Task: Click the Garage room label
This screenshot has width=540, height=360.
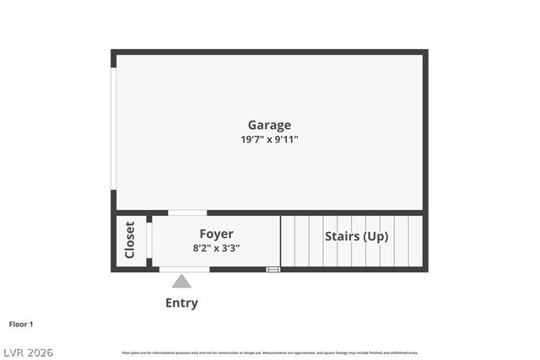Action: (269, 126)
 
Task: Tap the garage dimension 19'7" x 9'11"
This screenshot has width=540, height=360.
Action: (269, 140)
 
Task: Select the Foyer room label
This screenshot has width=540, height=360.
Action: (216, 234)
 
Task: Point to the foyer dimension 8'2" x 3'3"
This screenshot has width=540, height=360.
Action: (216, 248)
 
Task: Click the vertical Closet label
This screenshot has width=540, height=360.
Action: (130, 240)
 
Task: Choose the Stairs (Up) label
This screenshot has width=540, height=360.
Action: (356, 236)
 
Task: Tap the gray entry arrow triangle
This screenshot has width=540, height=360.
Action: (181, 281)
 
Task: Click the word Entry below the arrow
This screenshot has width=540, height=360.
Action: (181, 303)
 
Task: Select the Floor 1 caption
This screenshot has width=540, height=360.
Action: (21, 324)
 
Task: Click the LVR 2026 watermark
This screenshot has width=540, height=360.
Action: (27, 352)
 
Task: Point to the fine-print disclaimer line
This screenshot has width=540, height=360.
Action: (270, 352)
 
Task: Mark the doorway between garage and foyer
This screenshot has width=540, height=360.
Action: (187, 212)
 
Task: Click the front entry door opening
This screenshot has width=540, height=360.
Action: (185, 269)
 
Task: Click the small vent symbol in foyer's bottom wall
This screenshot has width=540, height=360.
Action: (273, 269)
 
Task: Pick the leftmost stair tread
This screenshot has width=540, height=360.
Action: (288, 241)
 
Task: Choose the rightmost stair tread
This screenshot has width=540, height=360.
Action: (414, 241)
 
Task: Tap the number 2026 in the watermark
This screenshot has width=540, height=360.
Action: (38, 352)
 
